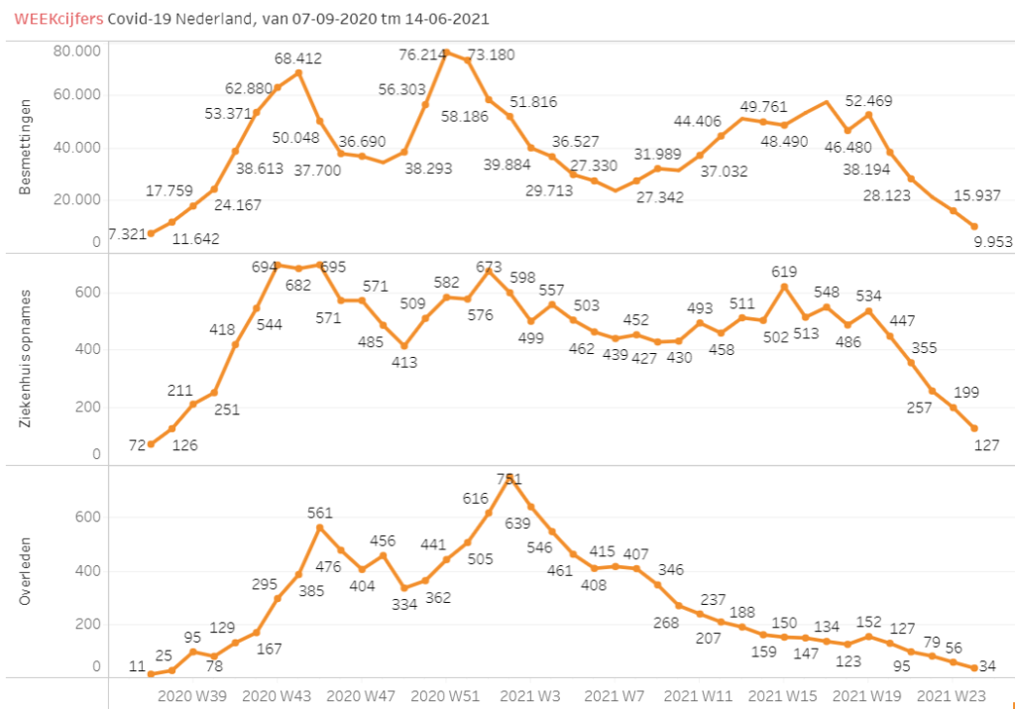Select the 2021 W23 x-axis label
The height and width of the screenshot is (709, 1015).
point(950,696)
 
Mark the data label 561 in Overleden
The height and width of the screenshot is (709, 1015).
point(319,513)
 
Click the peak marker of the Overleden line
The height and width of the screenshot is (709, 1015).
point(509,478)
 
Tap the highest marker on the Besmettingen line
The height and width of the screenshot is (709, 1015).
point(447,53)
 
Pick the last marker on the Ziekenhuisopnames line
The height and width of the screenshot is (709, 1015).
point(974,428)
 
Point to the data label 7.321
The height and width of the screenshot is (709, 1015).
point(127,235)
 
